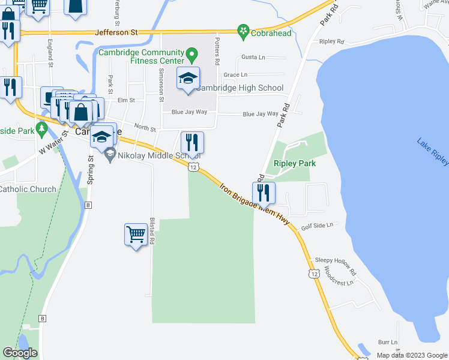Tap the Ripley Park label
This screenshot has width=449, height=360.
[x=295, y=163]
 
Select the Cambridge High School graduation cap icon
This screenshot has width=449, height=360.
[x=188, y=79]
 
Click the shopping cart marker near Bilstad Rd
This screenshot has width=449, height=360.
[x=136, y=234]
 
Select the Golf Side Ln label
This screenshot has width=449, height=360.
[x=316, y=226]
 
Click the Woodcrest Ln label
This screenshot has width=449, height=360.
[x=336, y=275]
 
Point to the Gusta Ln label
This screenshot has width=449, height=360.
[x=253, y=57]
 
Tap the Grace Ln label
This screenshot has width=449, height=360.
[x=235, y=75]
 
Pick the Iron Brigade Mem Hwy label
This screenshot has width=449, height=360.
[x=254, y=205]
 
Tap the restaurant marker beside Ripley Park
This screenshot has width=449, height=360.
[x=263, y=193]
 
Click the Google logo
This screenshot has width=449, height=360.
[x=20, y=353]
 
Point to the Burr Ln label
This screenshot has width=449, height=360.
[x=388, y=342]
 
